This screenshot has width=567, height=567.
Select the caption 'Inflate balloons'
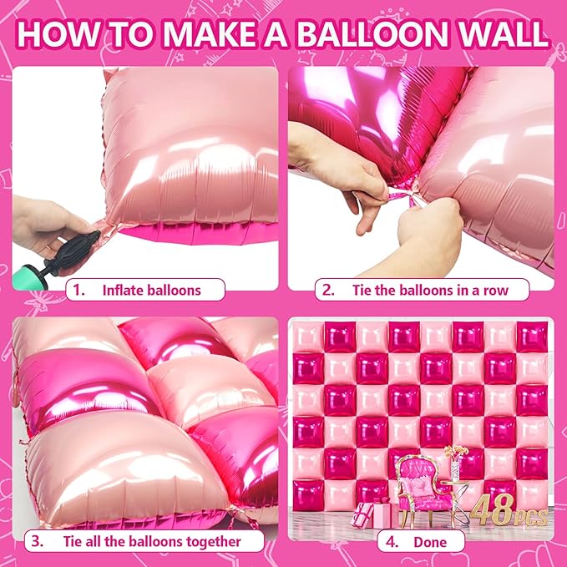pyautogui.click(x=151, y=291)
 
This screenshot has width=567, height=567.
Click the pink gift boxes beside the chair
pyautogui.click(x=372, y=513)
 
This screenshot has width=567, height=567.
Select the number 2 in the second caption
pyautogui.click(x=330, y=291)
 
